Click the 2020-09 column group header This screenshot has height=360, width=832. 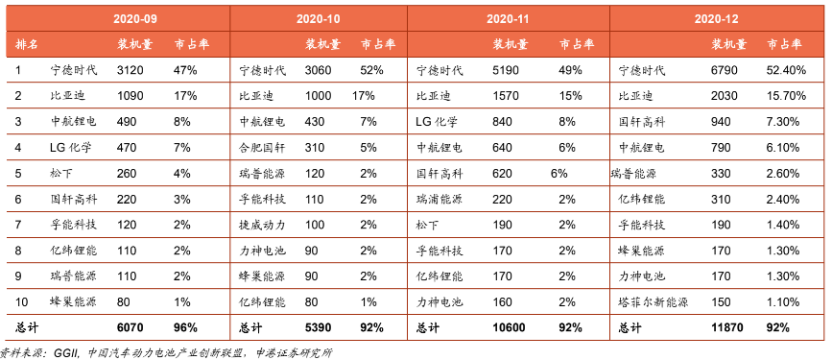pos(135,19)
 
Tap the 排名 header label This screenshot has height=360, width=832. pos(27,44)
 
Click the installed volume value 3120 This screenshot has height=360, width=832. pos(128,70)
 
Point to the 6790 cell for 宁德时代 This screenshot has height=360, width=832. pos(723,70)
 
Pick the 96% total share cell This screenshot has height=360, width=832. pos(185,327)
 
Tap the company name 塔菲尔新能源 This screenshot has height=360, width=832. pos(654,302)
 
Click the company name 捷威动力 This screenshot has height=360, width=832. pos(262,225)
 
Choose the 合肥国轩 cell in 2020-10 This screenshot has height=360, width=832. pos(262,148)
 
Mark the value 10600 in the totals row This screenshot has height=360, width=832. pos(510,327)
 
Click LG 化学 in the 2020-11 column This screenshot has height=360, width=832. pos(438,122)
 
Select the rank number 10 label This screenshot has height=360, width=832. pos(21,302)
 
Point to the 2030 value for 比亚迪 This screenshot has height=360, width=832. pos(723,96)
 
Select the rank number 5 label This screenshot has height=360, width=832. pos(18,173)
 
